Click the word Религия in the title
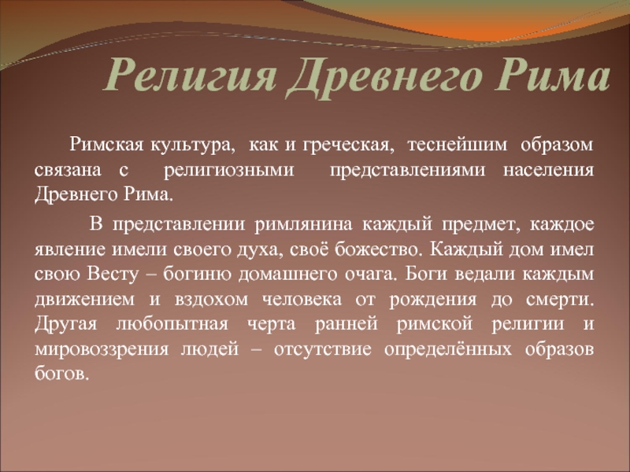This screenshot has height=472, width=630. coord(191,75)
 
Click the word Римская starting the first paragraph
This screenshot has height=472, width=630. coord(106,145)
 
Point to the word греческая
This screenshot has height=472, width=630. coord(346,146)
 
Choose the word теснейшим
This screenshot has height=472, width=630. coord(458,145)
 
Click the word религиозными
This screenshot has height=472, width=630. coord(229,170)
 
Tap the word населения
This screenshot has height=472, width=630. coord(548,170)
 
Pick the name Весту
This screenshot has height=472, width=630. coord(113,274)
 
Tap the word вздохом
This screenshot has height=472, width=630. coord(211,300)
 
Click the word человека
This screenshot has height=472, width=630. coord(302,300)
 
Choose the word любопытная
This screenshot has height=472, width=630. coord(172,324)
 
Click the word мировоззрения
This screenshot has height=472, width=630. coord(102,349)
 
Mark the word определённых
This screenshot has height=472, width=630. coord(447,349)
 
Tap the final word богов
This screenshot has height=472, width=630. coord(61,374)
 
